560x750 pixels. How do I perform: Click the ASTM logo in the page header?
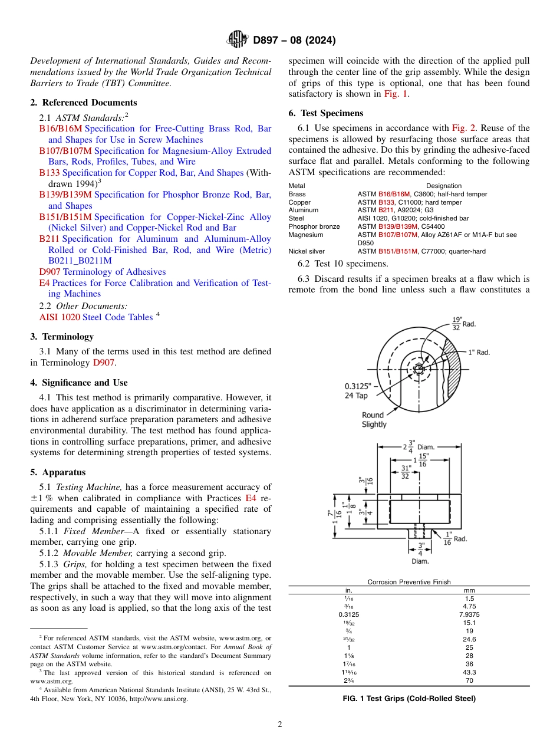238,40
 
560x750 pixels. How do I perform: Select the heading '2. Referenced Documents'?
83,103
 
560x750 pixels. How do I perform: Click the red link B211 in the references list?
49,239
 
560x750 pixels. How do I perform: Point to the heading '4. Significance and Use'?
78,383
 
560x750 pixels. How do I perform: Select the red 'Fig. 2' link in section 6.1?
463,128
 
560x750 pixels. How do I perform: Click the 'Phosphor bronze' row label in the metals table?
314,226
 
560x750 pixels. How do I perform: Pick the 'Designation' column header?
443,186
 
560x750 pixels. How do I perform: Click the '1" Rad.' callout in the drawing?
479,352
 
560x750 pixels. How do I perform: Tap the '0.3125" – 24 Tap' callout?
360,391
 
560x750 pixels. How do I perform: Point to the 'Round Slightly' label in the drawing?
374,419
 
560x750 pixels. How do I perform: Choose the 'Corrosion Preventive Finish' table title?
409,582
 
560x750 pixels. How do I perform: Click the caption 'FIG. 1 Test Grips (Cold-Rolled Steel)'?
409,699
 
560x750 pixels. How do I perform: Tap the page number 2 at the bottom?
279,725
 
